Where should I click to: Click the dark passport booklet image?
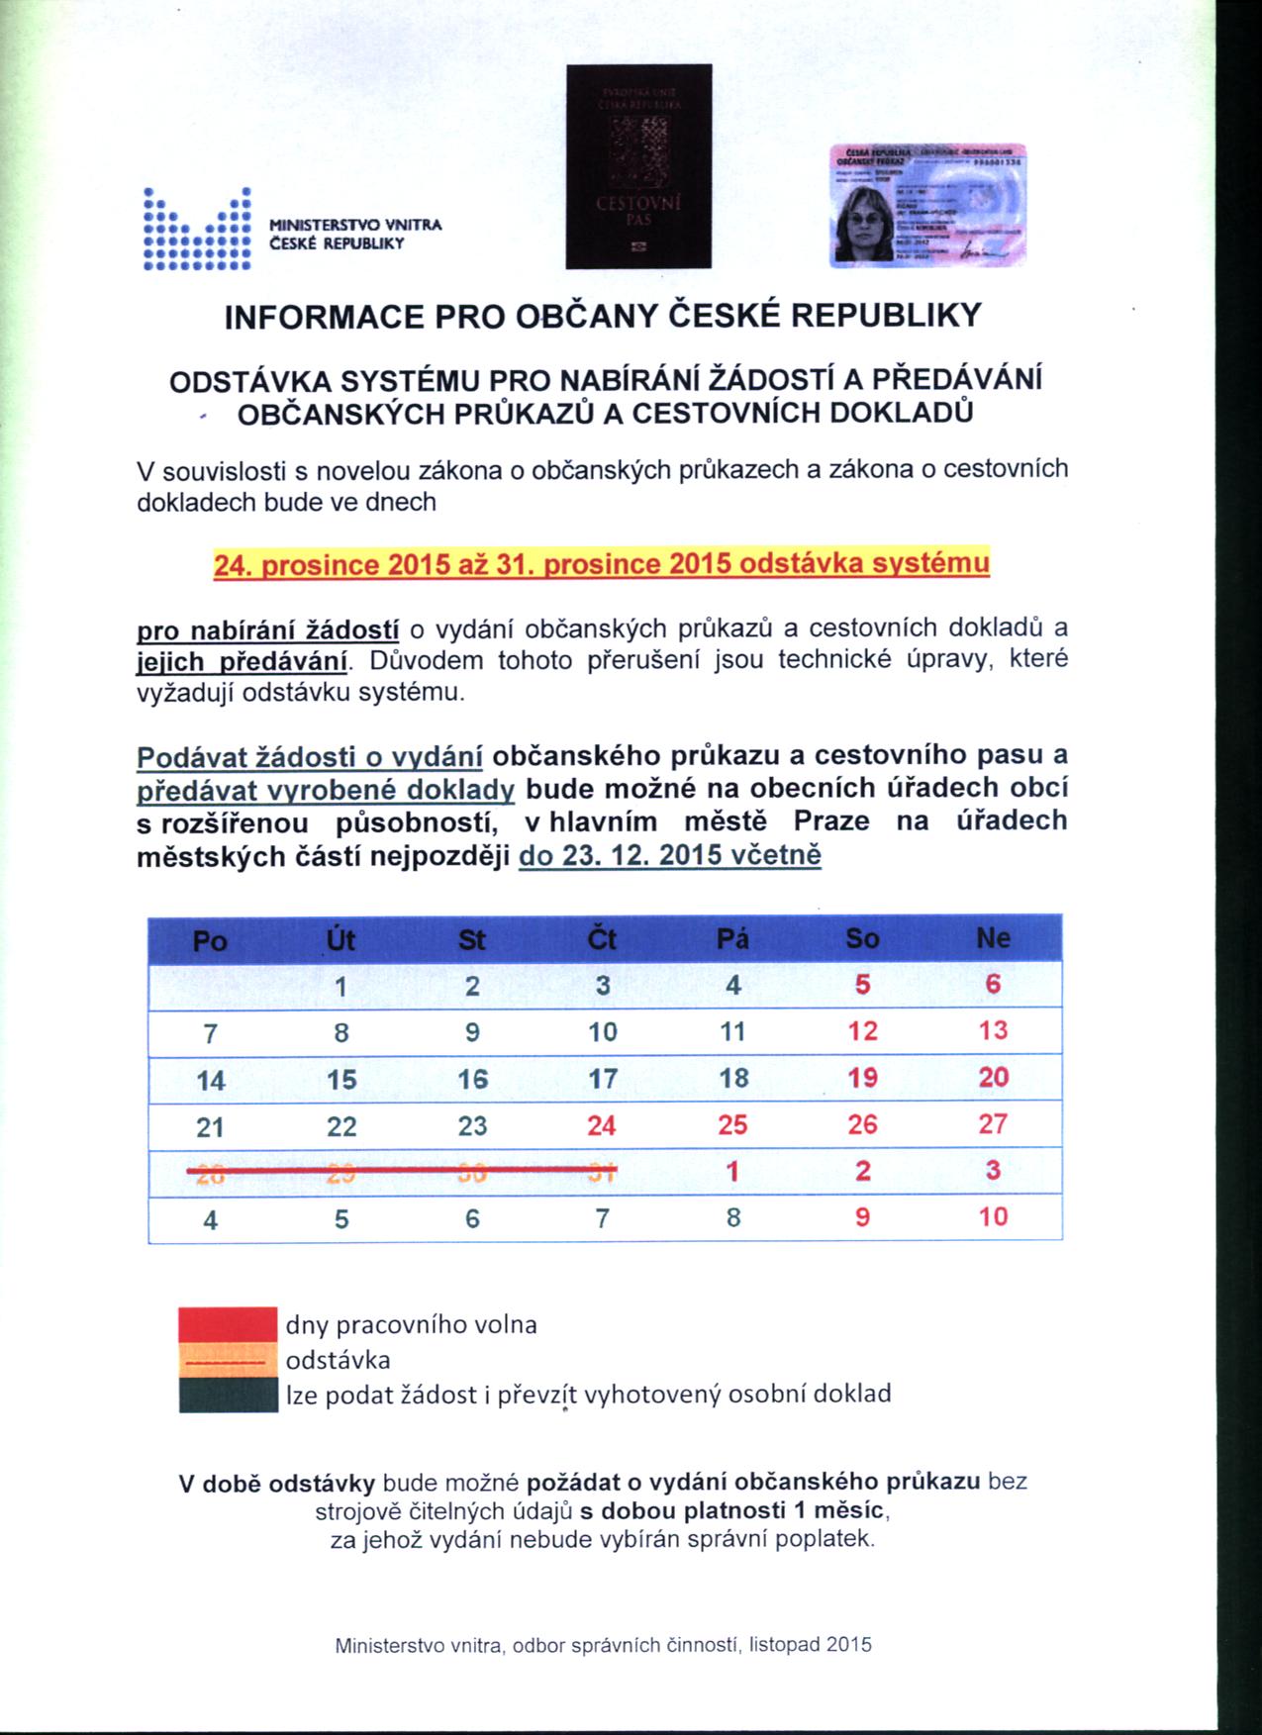click(x=638, y=166)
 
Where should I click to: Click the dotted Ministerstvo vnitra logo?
click(x=196, y=229)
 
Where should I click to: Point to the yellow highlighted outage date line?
click(x=601, y=564)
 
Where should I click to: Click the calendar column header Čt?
click(x=602, y=938)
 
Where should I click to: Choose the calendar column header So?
click(x=862, y=938)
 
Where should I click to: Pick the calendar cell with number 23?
click(x=472, y=1125)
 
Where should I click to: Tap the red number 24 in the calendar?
click(x=602, y=1125)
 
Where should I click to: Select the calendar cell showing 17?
click(x=603, y=1079)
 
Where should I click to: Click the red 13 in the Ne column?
click(x=993, y=1031)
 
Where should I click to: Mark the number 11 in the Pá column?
click(x=732, y=1031)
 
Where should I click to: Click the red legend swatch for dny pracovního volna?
click(x=227, y=1324)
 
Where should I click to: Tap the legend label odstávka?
click(x=338, y=1359)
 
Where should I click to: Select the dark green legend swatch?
click(x=227, y=1395)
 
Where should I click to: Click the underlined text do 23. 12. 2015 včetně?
click(x=670, y=855)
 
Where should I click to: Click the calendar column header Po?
click(x=210, y=938)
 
